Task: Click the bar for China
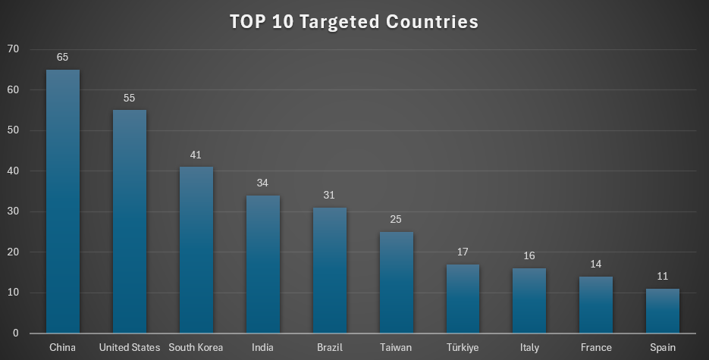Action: point(63,201)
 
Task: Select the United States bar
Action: point(130,221)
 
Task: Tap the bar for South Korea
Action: point(196,249)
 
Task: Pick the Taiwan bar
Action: point(397,282)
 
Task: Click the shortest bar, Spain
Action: point(664,311)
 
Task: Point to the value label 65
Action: point(63,57)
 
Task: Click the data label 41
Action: point(196,154)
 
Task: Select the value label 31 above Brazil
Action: point(330,195)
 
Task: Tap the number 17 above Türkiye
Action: point(463,252)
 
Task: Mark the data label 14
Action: point(597,264)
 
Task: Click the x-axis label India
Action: point(263,347)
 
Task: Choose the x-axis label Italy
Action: point(530,347)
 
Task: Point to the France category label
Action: point(597,347)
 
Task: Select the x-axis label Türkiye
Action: point(463,347)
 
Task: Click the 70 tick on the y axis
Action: point(14,49)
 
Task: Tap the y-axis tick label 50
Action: point(14,130)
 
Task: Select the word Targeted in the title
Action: point(336,22)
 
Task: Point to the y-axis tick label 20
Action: point(14,252)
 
